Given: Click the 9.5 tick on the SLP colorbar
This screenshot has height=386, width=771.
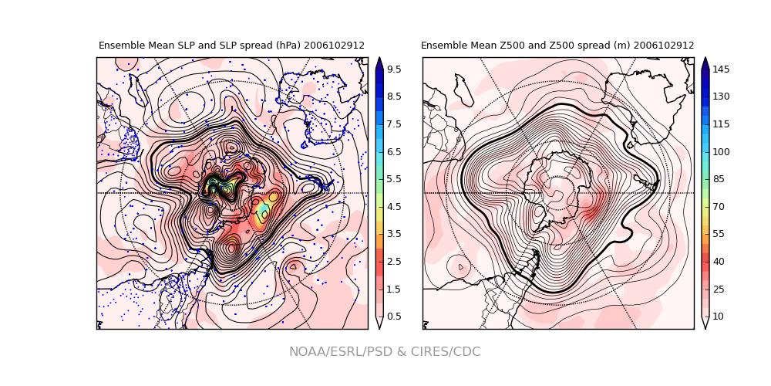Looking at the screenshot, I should pos(393,69).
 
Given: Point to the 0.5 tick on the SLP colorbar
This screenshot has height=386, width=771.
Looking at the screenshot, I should pos(393,317).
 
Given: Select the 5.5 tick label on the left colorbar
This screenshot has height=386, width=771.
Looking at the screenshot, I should pos(393,179).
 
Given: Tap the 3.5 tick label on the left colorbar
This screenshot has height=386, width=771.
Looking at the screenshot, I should pos(393,234).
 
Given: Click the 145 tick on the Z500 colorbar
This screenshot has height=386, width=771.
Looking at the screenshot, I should pos(720,69).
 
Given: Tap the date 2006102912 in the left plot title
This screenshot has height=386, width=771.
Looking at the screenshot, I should pos(334,46).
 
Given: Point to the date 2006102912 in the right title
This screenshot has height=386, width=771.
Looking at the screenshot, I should pos(664,46).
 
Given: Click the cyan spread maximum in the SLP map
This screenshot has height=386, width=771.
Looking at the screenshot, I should pos(264,211).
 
